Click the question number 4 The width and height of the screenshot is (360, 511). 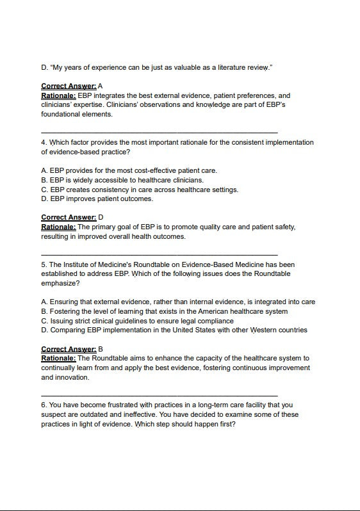(x=44, y=142)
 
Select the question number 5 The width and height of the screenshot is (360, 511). (x=44, y=264)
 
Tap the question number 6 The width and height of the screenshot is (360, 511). (x=44, y=405)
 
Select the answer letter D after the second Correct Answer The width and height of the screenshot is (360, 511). (x=101, y=217)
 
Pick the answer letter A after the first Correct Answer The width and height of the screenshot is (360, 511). (x=101, y=86)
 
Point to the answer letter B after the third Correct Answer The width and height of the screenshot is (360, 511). (x=101, y=349)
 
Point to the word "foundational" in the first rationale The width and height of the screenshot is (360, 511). (x=60, y=114)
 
